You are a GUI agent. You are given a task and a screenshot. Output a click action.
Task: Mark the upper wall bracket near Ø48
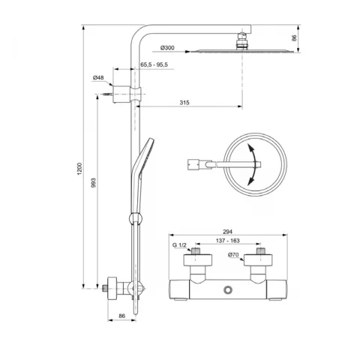(116, 94)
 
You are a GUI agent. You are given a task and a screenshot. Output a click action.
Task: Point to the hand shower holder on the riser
(136, 220)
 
